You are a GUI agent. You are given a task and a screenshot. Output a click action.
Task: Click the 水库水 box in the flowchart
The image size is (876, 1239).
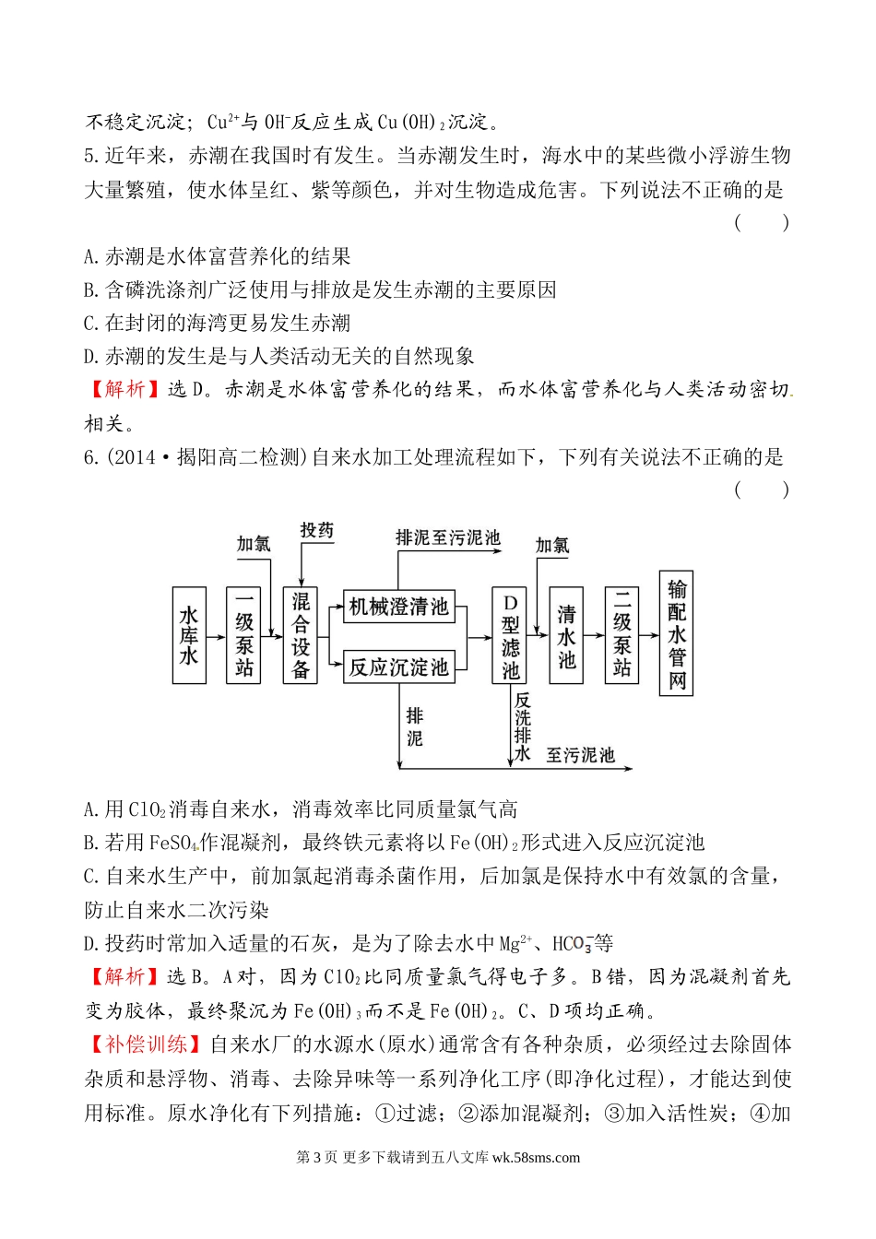point(189,635)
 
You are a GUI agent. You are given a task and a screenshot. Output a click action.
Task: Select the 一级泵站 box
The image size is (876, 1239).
point(243,635)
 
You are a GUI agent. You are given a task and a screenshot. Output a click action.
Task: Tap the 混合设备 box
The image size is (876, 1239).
point(301,635)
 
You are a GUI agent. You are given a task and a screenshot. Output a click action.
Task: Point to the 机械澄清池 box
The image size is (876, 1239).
point(398,607)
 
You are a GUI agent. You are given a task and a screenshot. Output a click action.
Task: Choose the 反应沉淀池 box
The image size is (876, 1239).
point(398,667)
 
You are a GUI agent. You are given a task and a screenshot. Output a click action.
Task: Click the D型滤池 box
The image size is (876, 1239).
point(510,635)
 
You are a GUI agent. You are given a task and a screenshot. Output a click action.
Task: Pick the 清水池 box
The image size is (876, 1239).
point(566,635)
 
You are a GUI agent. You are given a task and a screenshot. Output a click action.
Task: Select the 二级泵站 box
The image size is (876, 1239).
point(621,635)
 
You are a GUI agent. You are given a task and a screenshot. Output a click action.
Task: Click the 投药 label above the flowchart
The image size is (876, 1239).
point(316,530)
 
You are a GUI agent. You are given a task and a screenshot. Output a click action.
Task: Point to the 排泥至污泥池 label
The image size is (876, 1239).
point(447,537)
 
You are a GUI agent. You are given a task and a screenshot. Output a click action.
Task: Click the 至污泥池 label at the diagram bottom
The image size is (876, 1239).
point(580,755)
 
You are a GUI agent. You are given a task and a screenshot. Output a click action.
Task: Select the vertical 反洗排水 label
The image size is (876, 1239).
point(523,726)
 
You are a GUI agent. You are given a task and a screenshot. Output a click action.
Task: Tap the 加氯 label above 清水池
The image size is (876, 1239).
point(552,546)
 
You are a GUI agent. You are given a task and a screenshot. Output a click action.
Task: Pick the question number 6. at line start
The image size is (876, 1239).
point(90,456)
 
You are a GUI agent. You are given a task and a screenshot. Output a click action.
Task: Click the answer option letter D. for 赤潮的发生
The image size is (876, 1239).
point(90,356)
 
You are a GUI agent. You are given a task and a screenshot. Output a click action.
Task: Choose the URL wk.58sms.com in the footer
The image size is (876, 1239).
point(537,1158)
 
